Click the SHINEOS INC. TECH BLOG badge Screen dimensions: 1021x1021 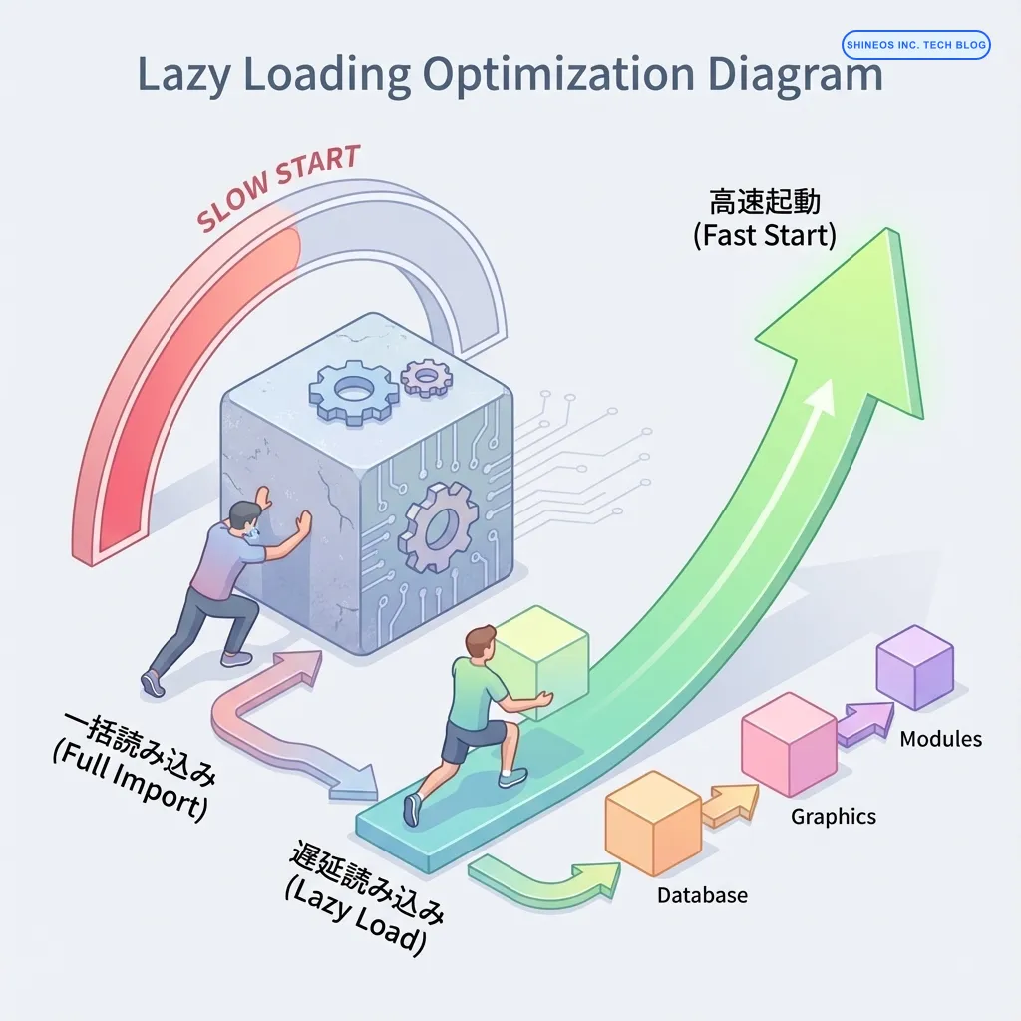point(916,44)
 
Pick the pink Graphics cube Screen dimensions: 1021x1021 point(789,743)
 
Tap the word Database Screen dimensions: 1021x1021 point(702,895)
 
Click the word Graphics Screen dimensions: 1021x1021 point(834,817)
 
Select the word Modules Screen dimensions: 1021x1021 point(940,739)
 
